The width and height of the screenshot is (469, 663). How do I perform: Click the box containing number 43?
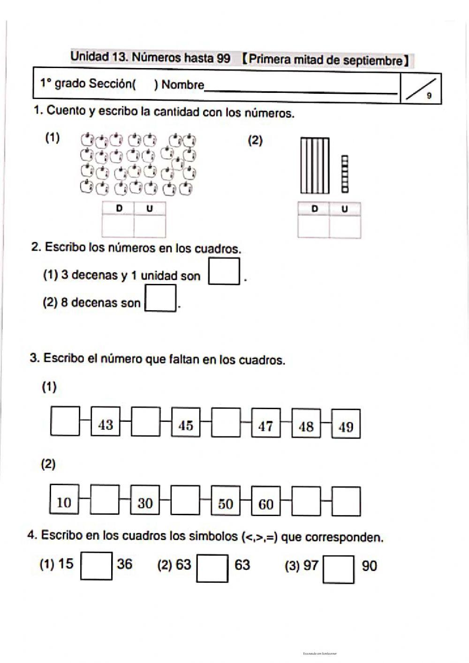[106, 425]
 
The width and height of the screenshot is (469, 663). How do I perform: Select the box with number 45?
[186, 425]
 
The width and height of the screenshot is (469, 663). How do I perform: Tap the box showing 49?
[346, 427]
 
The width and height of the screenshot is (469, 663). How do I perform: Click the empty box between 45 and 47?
[226, 425]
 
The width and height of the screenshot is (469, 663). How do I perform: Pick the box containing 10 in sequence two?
[64, 503]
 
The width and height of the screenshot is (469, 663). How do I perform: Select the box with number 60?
[266, 503]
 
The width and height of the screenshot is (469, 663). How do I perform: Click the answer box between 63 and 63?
[212, 568]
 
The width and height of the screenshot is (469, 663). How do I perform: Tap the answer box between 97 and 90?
[338, 569]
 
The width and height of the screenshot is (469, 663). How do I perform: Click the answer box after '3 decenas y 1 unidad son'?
[224, 271]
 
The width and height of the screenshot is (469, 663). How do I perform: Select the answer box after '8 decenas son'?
[161, 298]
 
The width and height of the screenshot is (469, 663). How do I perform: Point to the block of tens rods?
[315, 166]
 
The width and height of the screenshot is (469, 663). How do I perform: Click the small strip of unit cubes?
[345, 174]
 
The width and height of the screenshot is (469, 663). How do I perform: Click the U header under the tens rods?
[345, 209]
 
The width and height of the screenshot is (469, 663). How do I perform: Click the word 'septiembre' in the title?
[372, 61]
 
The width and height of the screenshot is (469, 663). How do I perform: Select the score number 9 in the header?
[429, 96]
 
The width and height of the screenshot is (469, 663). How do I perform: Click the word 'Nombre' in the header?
[183, 85]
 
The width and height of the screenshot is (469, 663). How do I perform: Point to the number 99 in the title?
[223, 58]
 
